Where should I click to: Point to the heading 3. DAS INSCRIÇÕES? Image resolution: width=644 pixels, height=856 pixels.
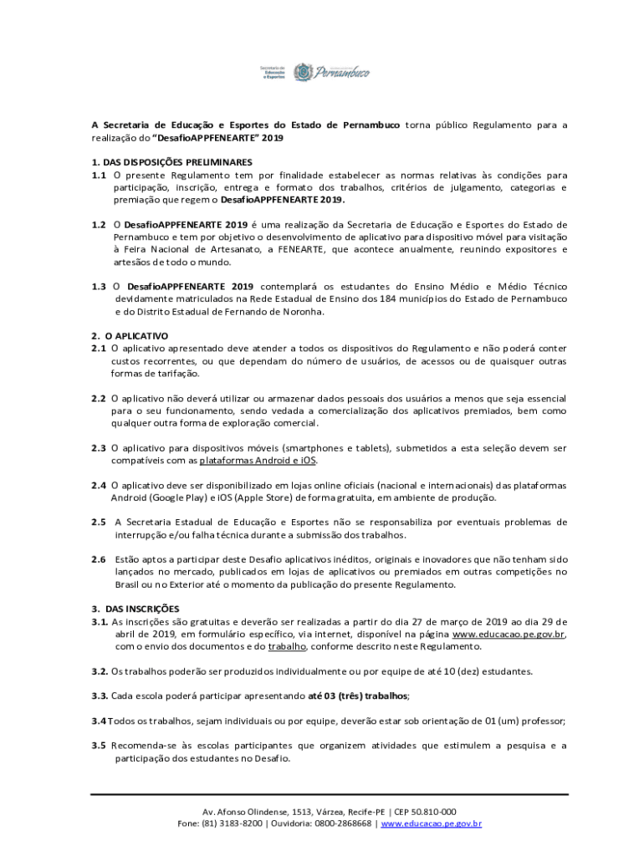(x=135, y=609)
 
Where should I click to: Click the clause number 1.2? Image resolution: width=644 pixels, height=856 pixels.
(x=99, y=225)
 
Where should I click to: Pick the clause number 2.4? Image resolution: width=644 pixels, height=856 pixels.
(x=99, y=485)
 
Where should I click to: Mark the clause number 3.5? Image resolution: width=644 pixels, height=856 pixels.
(x=99, y=746)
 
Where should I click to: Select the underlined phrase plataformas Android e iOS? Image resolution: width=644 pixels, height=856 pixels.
(x=258, y=461)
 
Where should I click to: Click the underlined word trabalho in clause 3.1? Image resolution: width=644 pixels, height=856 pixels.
(x=287, y=646)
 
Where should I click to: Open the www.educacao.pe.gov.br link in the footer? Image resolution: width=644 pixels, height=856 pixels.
(x=431, y=823)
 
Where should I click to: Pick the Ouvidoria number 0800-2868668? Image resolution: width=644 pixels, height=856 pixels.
(x=343, y=823)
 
